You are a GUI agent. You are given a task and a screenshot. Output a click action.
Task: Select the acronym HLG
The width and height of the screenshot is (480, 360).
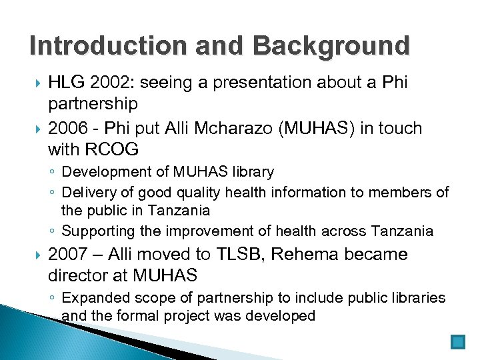[66, 83]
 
